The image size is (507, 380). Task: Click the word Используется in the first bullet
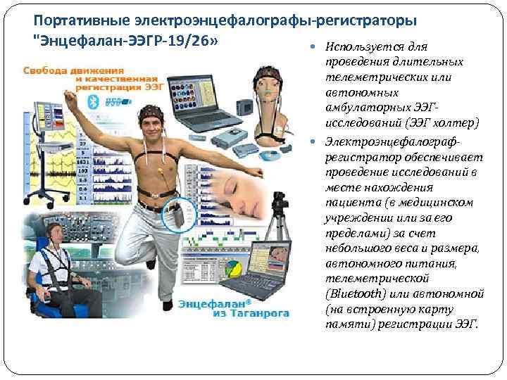tap(357, 47)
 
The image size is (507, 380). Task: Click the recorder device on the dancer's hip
tap(179, 214)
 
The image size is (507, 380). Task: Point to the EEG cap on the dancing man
tap(154, 113)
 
